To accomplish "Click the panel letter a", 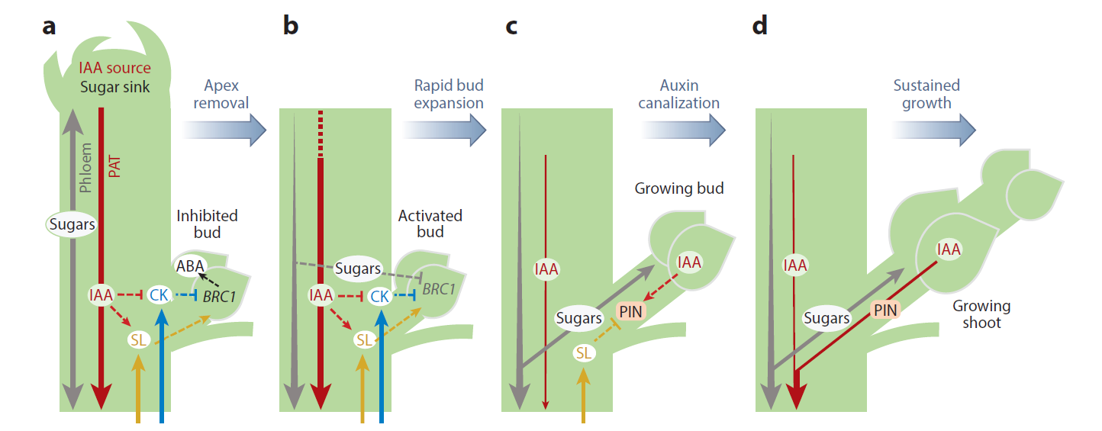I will [x=50, y=27].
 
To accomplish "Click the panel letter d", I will [x=760, y=27].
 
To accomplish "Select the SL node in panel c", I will [x=585, y=353].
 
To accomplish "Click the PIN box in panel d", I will [x=885, y=310].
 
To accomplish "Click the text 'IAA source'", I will [x=114, y=69].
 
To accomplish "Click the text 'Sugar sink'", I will [x=114, y=86].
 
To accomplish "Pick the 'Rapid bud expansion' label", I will [x=449, y=93].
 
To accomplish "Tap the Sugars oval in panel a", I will [x=72, y=224].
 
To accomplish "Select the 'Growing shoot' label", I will [x=981, y=314].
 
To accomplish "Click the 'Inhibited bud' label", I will [x=207, y=224].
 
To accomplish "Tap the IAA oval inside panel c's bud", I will [x=689, y=262].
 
